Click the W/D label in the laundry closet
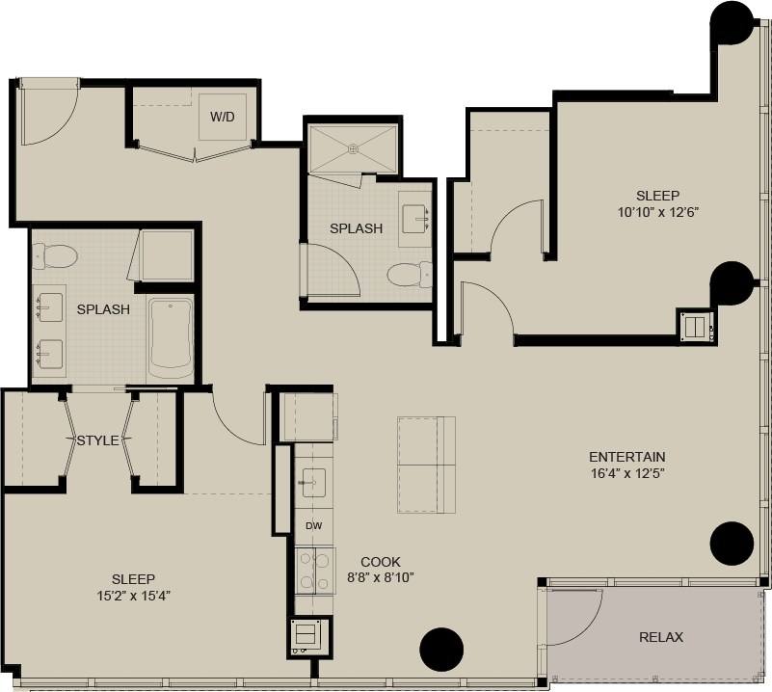coord(223,117)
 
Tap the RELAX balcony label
coord(661,637)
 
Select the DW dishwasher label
coord(313,526)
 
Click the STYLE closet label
coord(97,440)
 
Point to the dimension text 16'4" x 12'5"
coord(627,473)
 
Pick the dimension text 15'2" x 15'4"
coord(133,595)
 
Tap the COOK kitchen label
coord(381,562)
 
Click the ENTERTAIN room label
coord(627,457)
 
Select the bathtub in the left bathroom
coord(172,336)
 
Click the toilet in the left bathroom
coord(54,256)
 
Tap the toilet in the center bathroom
coord(411,275)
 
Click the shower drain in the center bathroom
coord(353,148)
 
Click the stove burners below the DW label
coord(313,570)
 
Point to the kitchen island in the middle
coord(426,465)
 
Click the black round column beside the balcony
coord(732,544)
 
